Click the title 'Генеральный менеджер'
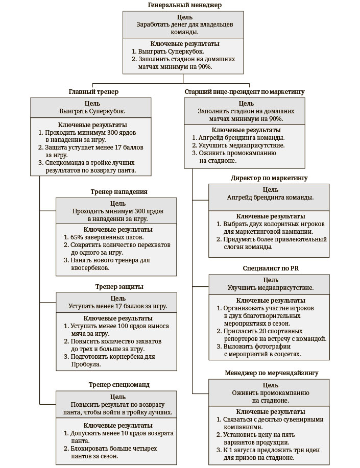coord(184,5)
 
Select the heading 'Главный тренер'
coord(93,92)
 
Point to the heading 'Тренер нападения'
coord(119,192)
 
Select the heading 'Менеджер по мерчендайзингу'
coord(272,373)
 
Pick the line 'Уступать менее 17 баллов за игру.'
coord(118,306)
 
